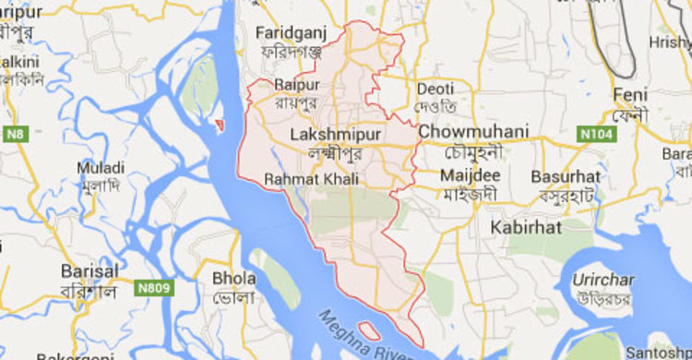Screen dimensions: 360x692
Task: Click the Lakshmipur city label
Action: click(x=328, y=135)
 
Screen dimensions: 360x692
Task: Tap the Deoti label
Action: click(x=435, y=89)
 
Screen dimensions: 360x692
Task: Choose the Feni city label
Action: click(x=633, y=95)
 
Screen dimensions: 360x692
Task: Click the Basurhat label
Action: click(x=566, y=175)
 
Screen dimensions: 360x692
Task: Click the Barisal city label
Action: click(x=89, y=271)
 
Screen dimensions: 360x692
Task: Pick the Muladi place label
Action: click(x=101, y=168)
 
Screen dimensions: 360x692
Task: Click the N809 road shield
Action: click(x=155, y=289)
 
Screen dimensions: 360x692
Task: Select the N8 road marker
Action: click(x=16, y=134)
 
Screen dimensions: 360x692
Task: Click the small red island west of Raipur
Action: click(x=219, y=125)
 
